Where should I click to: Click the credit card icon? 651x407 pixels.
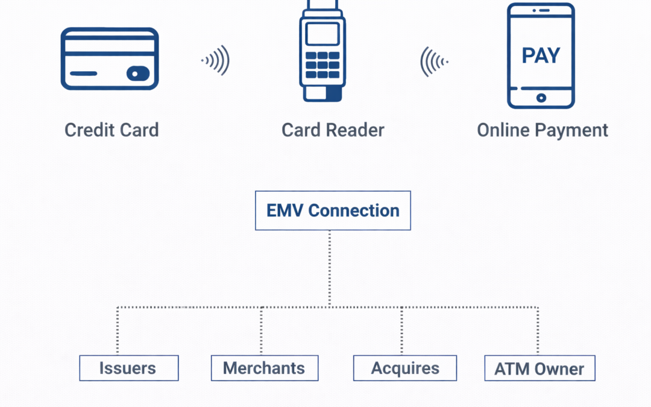110,59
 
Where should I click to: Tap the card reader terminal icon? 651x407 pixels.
322,51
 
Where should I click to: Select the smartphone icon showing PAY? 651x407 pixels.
541,55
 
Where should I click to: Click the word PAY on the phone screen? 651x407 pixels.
541,55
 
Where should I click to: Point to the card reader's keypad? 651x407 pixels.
322,64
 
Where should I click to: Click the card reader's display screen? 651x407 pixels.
322,34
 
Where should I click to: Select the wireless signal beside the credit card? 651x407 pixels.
216,60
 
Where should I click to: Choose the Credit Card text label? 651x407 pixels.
112,130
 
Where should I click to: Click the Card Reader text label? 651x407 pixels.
333,130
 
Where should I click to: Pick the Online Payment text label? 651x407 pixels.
542,130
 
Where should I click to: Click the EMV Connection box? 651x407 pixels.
333,210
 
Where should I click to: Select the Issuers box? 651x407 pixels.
128,368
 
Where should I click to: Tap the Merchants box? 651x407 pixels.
264,368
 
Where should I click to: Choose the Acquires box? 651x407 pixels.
404,368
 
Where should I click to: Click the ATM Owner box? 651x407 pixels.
539,368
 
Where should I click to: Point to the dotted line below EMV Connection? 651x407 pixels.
330,268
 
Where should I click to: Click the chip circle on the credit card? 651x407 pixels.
136,74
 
